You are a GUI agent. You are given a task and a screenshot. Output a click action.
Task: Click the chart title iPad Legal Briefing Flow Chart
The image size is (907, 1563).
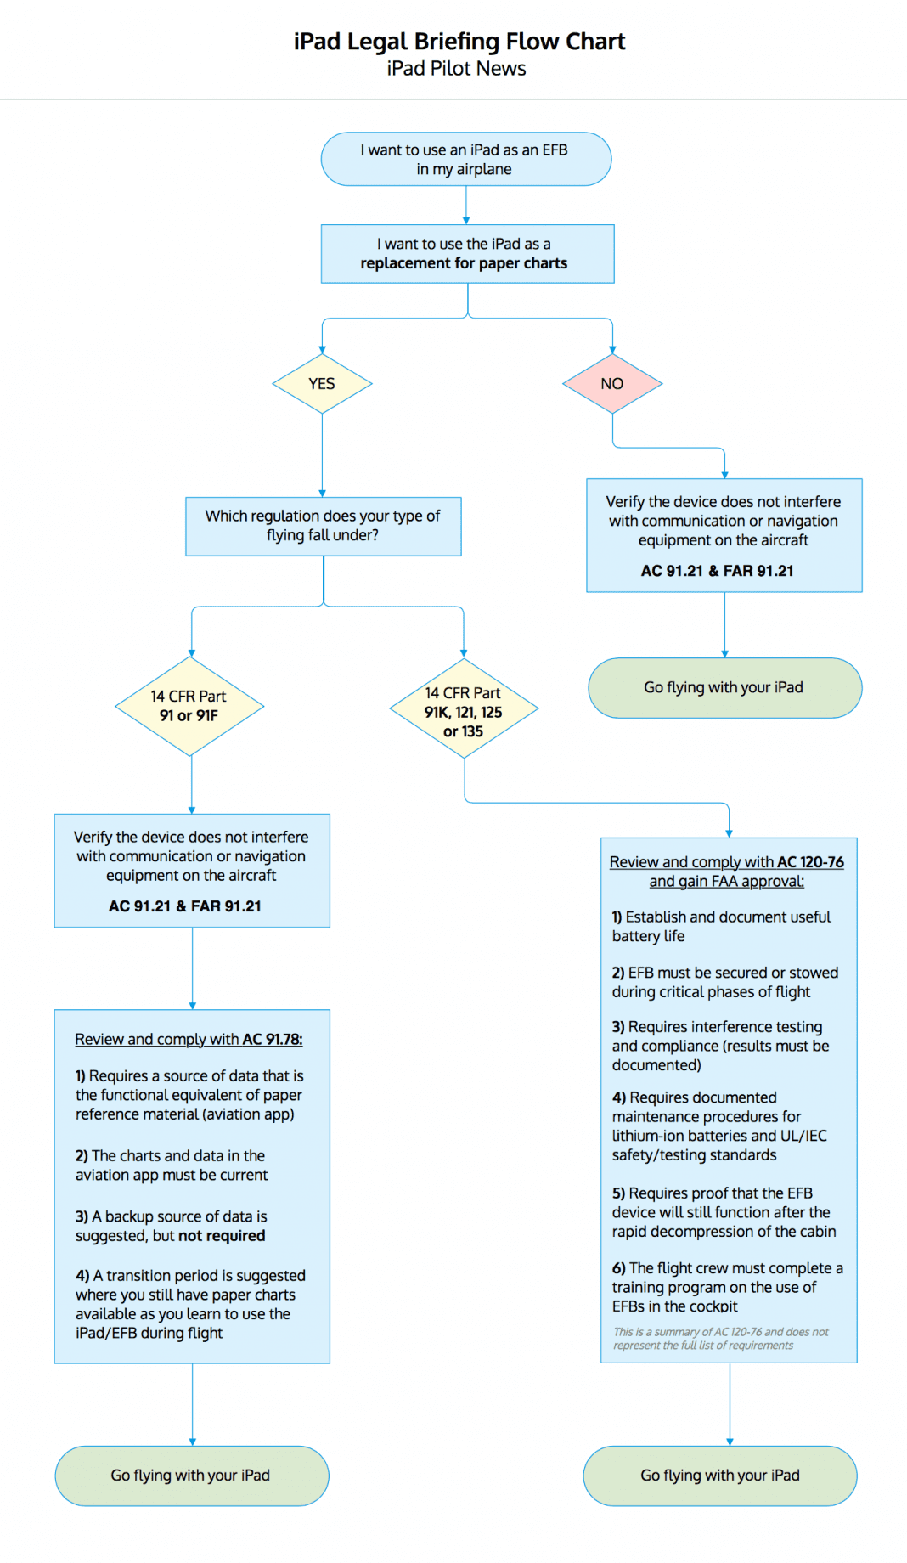tap(459, 42)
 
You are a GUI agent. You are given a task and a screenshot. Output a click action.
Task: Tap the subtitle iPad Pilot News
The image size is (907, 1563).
tap(456, 69)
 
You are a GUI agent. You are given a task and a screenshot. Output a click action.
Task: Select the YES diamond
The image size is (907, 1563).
tap(322, 384)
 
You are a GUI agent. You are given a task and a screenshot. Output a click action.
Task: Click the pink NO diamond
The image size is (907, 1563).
tap(611, 384)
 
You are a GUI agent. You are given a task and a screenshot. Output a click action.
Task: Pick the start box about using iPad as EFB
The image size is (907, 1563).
tap(465, 159)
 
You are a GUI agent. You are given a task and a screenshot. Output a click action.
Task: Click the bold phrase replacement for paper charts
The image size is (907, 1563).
tap(464, 263)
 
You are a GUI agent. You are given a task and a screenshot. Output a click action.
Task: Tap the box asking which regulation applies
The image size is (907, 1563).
tap(323, 526)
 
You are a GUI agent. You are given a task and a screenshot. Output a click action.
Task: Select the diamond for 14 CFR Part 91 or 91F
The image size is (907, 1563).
tap(189, 706)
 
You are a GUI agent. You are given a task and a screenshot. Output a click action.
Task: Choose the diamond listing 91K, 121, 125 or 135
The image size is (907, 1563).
tap(464, 711)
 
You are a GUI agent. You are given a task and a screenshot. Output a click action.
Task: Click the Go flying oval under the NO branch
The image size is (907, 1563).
tap(724, 687)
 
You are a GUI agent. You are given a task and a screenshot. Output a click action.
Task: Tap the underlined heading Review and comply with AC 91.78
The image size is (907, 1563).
tap(189, 1039)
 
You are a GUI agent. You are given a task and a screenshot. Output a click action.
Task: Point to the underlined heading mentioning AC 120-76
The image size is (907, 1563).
tap(726, 872)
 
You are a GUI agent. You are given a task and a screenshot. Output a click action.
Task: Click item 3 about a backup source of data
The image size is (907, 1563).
tap(171, 1226)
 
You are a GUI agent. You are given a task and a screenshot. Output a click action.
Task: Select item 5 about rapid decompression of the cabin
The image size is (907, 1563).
tap(724, 1212)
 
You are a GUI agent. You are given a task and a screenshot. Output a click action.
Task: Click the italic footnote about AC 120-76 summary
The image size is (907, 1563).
tap(720, 1339)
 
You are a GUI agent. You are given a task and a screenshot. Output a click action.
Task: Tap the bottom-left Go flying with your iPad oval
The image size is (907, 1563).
tap(191, 1476)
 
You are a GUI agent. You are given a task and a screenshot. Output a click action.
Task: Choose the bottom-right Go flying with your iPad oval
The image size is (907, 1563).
tap(720, 1476)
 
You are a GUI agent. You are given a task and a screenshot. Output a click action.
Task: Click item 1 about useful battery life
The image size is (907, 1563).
tap(721, 926)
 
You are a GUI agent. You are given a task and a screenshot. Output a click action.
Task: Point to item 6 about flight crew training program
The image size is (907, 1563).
tap(727, 1287)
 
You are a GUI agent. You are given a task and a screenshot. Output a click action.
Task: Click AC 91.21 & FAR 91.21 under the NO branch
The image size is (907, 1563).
tap(717, 571)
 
